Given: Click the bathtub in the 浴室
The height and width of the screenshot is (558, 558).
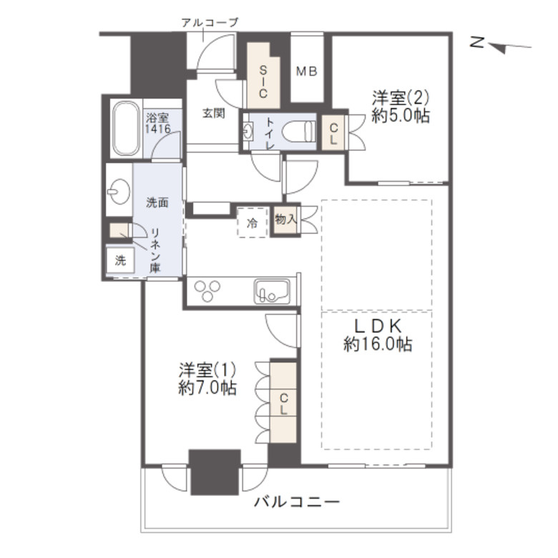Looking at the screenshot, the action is [x=126, y=129].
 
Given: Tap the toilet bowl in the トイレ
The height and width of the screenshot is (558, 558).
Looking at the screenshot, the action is [x=298, y=131].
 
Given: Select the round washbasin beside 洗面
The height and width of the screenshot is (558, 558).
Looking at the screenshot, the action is [x=119, y=191].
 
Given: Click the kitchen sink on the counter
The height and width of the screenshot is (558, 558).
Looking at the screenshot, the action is [x=272, y=291].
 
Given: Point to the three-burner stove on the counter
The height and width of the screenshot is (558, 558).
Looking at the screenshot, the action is [x=207, y=290].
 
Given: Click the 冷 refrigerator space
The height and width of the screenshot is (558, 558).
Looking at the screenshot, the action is [x=253, y=222].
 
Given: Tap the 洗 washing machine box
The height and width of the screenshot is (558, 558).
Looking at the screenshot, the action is [x=120, y=260].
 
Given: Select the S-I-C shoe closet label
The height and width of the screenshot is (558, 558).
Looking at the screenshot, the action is [x=263, y=82].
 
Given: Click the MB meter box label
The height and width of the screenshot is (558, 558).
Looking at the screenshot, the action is [x=307, y=72].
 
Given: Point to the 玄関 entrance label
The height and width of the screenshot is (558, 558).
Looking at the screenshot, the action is [x=213, y=113].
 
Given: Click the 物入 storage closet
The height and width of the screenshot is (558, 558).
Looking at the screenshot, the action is [x=285, y=220].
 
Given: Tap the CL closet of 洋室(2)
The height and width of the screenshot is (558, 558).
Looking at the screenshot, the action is [x=333, y=133].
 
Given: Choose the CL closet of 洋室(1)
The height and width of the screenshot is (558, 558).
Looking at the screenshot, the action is [x=283, y=403].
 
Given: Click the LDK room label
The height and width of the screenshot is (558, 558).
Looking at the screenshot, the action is [x=378, y=325].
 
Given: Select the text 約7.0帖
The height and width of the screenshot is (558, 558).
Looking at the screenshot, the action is [x=207, y=388].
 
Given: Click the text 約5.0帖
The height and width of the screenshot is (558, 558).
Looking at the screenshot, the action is [x=401, y=116].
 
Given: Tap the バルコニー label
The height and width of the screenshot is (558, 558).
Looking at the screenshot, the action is [x=297, y=502].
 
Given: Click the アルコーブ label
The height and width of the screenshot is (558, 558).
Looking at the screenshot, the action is [x=209, y=23].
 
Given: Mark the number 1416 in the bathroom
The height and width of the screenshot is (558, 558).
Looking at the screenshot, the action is [x=157, y=129].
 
